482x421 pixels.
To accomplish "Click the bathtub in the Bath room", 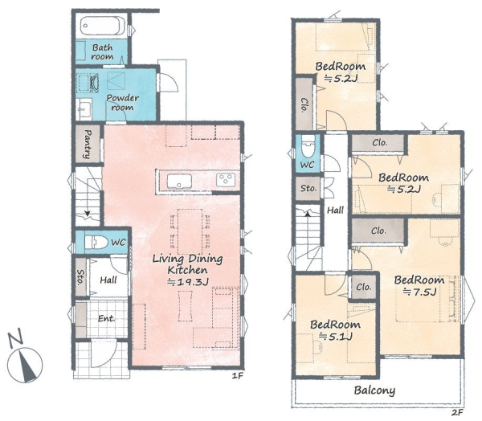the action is pos(103,26).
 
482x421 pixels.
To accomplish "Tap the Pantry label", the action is pos(88,144).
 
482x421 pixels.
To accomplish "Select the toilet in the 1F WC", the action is pos(96,242).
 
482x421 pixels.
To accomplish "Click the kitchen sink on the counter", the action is pos(179,181).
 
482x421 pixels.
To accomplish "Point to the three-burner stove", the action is pos(226,180).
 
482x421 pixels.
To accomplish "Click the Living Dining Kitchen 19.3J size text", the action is pos(188,282).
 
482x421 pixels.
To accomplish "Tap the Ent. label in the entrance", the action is pos(106,319).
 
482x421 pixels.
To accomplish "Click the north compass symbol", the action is pos(24,358).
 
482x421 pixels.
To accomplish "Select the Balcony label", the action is pos(374,390).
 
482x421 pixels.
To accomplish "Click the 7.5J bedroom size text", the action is pos(420,292).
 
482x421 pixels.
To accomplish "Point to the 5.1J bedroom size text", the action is pos(335,337).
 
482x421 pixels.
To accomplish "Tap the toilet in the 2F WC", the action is pos(308,146).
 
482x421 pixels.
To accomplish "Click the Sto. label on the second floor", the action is pos(308,188).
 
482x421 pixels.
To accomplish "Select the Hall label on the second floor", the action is pos(335,210).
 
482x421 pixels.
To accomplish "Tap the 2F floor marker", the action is pos(457,412).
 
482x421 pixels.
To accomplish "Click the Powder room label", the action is pos(123,103).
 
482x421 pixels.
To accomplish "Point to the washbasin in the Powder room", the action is pos(84,108).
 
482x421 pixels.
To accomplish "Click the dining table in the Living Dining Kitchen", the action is pos(190,231).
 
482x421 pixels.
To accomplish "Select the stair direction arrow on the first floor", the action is pos(88,213).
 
